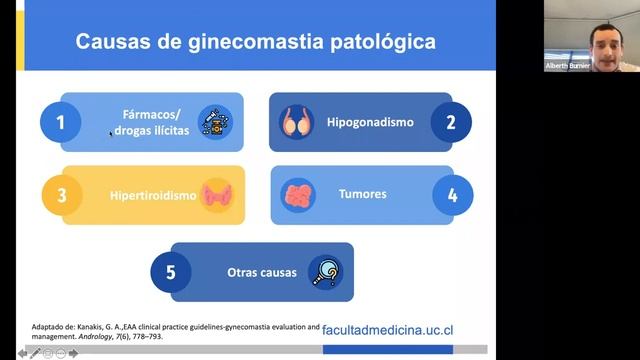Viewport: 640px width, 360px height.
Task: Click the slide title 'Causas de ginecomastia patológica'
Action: [x=257, y=42]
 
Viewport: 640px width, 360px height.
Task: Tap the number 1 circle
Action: [x=61, y=123]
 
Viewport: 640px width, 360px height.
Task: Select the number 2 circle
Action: [x=451, y=122]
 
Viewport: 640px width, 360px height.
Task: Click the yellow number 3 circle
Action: [x=61, y=195]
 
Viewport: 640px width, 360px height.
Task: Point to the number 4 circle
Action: [x=452, y=195]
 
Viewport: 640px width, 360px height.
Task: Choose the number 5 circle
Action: [x=170, y=272]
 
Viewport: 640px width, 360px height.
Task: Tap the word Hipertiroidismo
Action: [x=153, y=195]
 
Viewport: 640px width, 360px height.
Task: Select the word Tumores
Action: [x=362, y=194]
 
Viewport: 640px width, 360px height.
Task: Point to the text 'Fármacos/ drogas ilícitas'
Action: [x=150, y=123]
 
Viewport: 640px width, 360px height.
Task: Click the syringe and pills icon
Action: [x=214, y=122]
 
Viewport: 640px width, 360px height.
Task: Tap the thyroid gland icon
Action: [x=216, y=195]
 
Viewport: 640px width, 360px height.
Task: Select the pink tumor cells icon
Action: [x=298, y=194]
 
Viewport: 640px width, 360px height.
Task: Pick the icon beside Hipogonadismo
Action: [x=297, y=122]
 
